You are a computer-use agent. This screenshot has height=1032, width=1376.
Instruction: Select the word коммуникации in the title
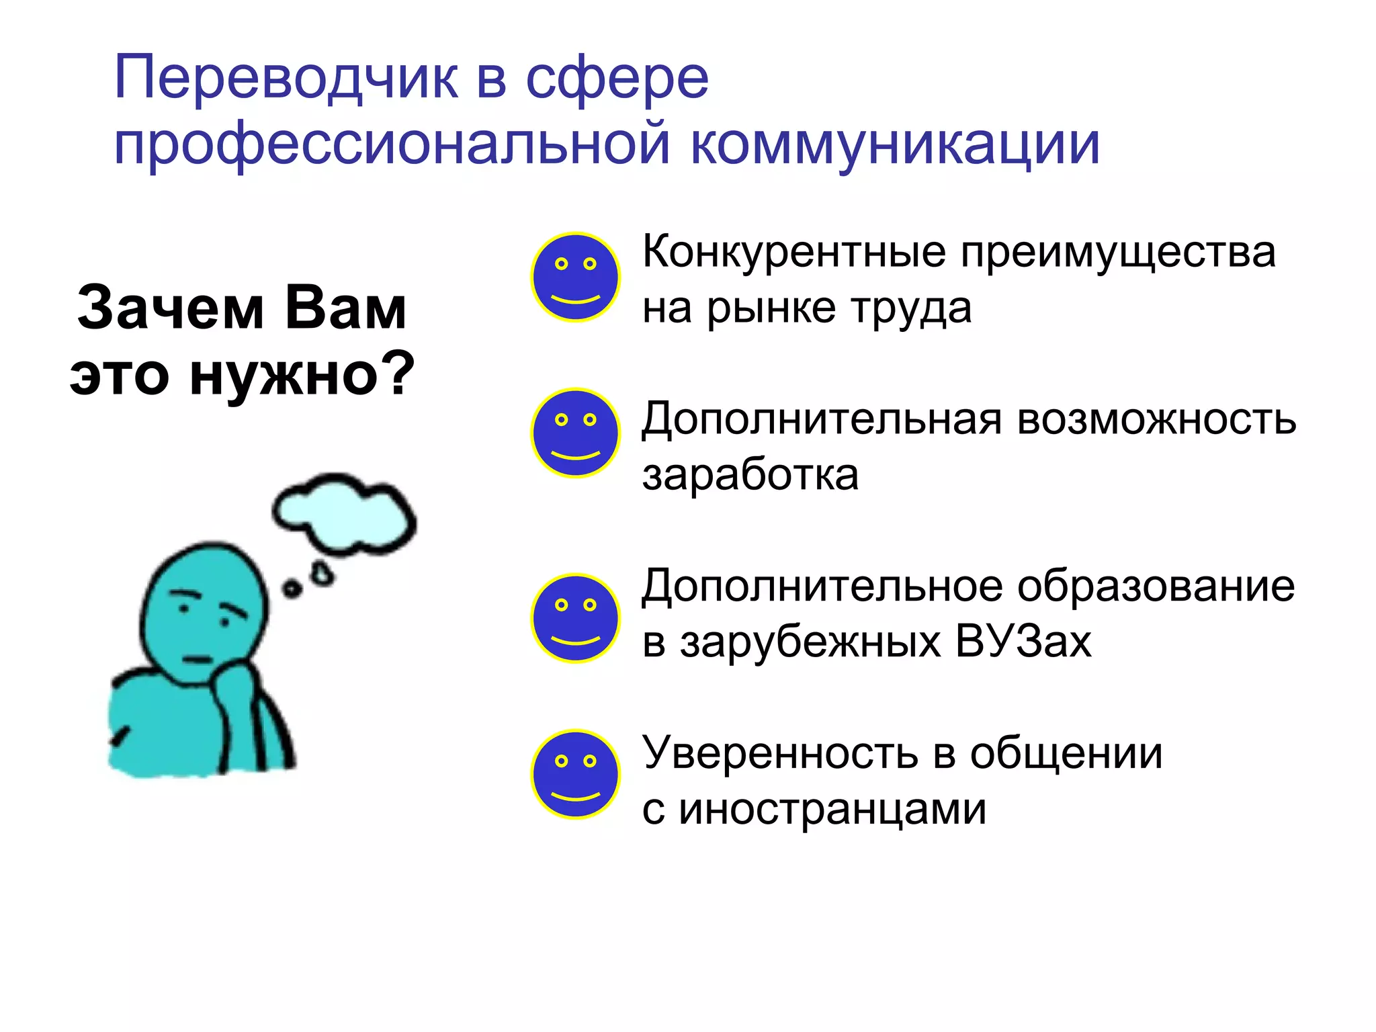pos(895,144)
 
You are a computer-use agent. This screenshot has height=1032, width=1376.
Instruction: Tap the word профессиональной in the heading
pos(392,144)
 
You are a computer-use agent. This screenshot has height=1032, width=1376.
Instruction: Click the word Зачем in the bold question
pos(169,308)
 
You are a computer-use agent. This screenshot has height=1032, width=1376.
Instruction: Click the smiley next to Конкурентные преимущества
pos(575,277)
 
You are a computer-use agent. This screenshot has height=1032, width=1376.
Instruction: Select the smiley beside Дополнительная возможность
pos(575,433)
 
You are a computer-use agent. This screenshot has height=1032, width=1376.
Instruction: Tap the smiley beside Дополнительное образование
pos(575,618)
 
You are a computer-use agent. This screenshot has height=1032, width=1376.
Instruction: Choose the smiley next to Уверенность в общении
pos(575,774)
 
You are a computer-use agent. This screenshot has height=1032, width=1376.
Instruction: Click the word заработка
pos(750,475)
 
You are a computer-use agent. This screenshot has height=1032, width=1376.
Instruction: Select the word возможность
pos(1156,419)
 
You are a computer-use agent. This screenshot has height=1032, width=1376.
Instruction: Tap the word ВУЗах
pos(1023,642)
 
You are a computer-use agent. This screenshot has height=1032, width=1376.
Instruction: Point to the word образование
pos(1156,586)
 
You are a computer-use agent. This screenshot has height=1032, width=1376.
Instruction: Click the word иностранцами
pos(832,809)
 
